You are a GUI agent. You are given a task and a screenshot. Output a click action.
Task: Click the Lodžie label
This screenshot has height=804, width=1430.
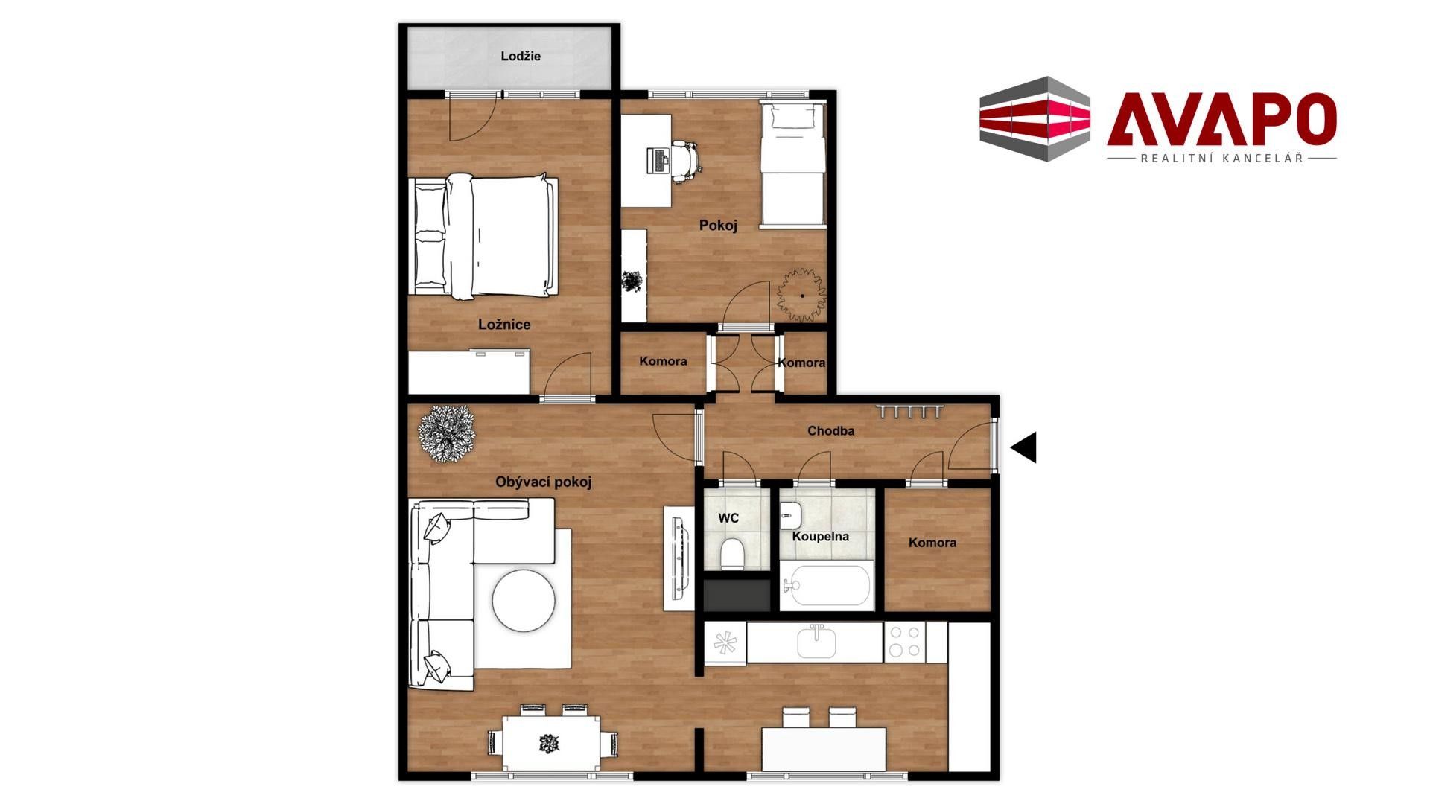coord(521,57)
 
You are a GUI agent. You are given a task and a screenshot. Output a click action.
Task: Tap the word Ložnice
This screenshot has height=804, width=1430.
coord(504,325)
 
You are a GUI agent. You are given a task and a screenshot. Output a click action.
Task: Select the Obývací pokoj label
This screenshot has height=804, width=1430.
coord(544,482)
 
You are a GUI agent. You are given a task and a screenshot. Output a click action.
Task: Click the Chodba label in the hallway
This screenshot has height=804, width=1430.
coord(830,431)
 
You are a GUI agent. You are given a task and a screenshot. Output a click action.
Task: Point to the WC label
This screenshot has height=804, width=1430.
coord(728,518)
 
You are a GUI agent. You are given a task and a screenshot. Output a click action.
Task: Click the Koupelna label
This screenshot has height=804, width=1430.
coord(820,537)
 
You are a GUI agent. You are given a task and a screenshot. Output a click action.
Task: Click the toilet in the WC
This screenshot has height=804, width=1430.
coord(732,552)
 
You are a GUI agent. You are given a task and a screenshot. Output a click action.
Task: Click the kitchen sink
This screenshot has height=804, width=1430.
coord(816,642)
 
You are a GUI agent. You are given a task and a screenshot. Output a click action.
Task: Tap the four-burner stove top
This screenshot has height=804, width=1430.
coord(905,642)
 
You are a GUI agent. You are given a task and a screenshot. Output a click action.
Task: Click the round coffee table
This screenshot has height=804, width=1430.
coord(524,600)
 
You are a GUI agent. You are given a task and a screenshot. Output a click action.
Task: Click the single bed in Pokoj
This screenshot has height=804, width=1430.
coord(793,165)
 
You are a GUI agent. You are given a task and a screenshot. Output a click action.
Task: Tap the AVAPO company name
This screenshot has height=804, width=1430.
coord(1221,120)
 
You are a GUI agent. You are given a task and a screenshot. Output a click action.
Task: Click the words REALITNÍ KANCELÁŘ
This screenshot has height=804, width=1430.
coord(1222,159)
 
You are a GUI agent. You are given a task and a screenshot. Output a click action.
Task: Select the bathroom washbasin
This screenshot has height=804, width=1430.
coord(790,512)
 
